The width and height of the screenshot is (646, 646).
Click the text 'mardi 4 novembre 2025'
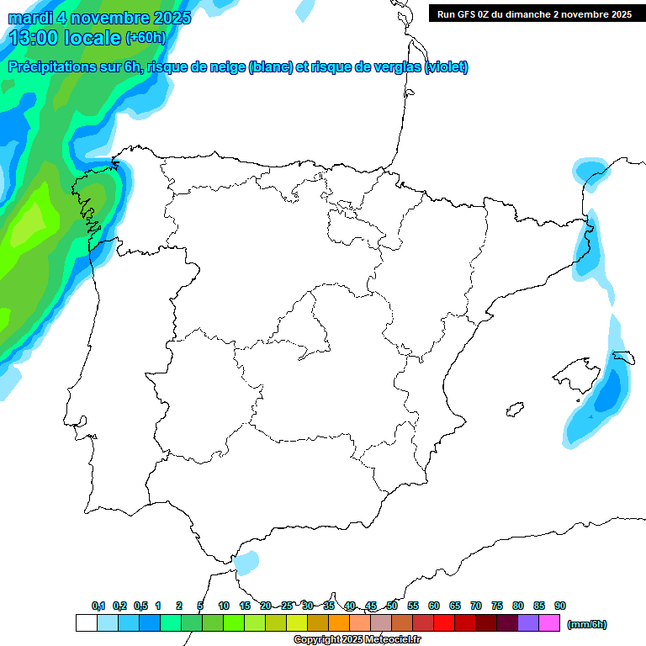pyautogui.click(x=100, y=18)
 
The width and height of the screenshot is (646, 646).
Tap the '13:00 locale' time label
pyautogui.click(x=65, y=37)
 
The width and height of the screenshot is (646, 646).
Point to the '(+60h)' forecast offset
pyautogui.click(x=146, y=38)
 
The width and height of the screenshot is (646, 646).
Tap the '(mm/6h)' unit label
pyautogui.click(x=587, y=624)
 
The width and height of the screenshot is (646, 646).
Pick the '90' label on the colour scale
pyautogui.click(x=560, y=606)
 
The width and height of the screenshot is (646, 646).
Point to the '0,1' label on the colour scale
pyautogui.click(x=98, y=606)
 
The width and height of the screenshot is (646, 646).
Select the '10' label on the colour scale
pyautogui.click(x=224, y=606)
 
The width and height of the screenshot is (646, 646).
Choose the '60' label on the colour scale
pyautogui.click(x=434, y=606)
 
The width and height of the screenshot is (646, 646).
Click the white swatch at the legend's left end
pyautogui.click(x=86, y=623)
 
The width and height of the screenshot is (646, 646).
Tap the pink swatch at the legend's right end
pyautogui.click(x=549, y=623)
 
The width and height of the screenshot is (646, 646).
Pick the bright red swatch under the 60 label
pyautogui.click(x=443, y=623)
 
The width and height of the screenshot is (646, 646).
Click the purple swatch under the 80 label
pyautogui.click(x=528, y=623)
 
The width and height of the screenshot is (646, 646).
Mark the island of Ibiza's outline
pyautogui.click(x=513, y=410)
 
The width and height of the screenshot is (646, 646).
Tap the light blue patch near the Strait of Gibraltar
pyautogui.click(x=246, y=562)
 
